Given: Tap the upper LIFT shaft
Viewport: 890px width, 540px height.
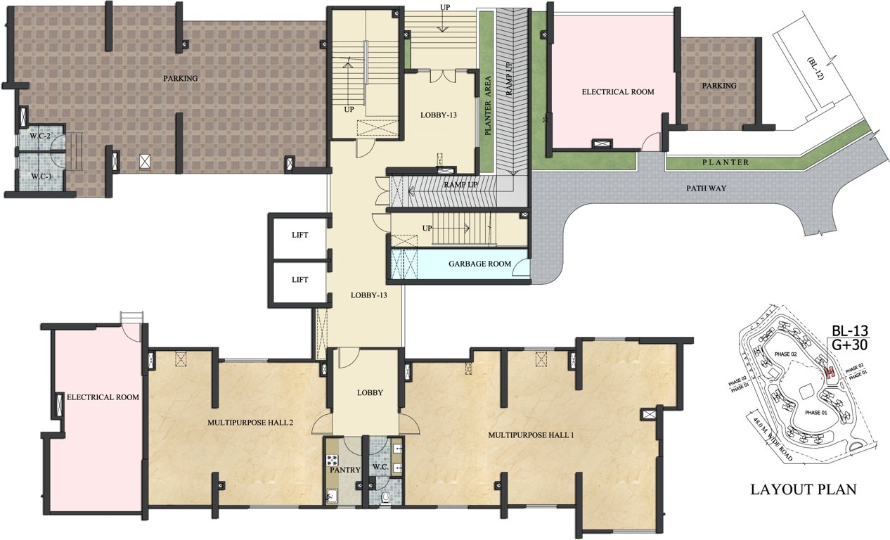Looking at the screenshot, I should tap(300, 235).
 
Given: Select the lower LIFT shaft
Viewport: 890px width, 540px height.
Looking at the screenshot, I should tap(300, 279).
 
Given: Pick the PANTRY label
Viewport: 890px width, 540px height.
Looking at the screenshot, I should tap(345, 470).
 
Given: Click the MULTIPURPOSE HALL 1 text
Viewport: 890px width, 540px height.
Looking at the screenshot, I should tap(531, 435).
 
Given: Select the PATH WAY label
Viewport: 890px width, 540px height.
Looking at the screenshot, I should tap(707, 188).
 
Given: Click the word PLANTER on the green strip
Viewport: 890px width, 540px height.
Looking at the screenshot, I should tap(725, 162).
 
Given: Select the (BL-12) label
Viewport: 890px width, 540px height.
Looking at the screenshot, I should tap(815, 70).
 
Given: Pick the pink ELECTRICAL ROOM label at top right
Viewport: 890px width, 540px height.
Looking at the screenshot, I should tap(618, 92).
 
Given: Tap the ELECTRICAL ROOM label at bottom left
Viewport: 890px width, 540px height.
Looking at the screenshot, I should tap(103, 397).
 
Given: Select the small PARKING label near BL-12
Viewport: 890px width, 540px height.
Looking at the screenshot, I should tap(718, 86).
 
